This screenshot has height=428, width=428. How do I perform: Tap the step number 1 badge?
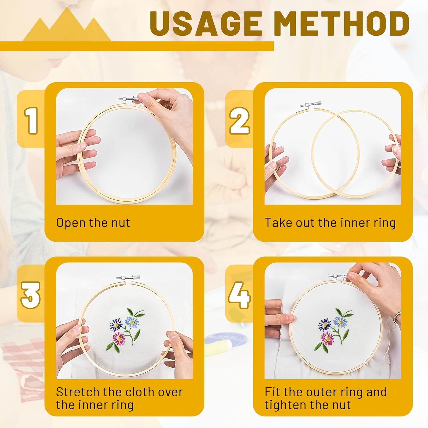coord(31,120)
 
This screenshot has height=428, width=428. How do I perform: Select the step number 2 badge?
coord(239,120)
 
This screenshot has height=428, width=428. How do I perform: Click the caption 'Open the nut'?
coord(93,223)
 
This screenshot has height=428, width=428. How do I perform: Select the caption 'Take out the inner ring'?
coord(330,223)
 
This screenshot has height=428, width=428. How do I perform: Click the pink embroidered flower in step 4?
coord(328,338)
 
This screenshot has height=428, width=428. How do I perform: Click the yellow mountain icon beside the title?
coord(67,27)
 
